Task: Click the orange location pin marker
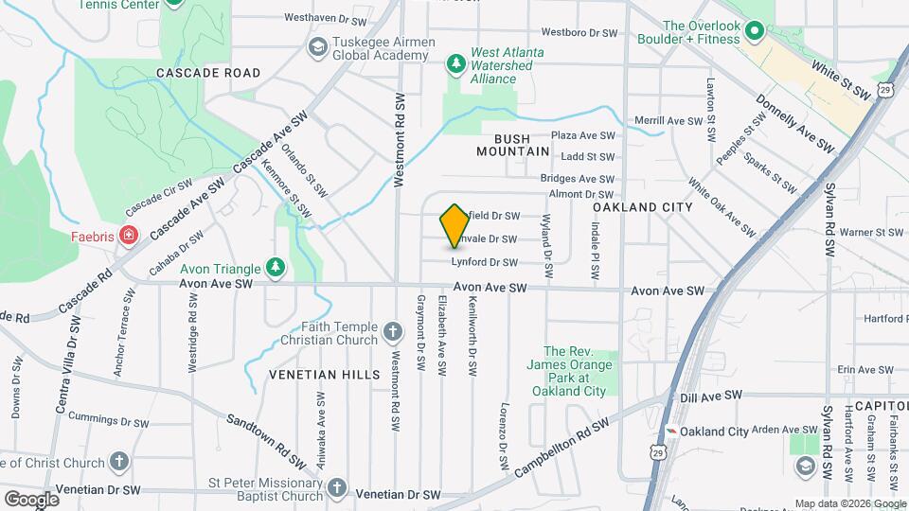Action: click(455, 224)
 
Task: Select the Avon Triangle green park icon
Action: click(276, 268)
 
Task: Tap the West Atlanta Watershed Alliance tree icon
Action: click(455, 63)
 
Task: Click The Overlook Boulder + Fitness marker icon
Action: click(755, 32)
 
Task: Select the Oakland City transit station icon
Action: click(672, 431)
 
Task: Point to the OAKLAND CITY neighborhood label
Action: click(643, 206)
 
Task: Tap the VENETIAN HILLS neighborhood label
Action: click(311, 375)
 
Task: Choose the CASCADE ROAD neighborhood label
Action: click(208, 73)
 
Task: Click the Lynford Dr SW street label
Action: click(484, 262)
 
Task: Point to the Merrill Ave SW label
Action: click(668, 121)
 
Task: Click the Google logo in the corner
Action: click(32, 498)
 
